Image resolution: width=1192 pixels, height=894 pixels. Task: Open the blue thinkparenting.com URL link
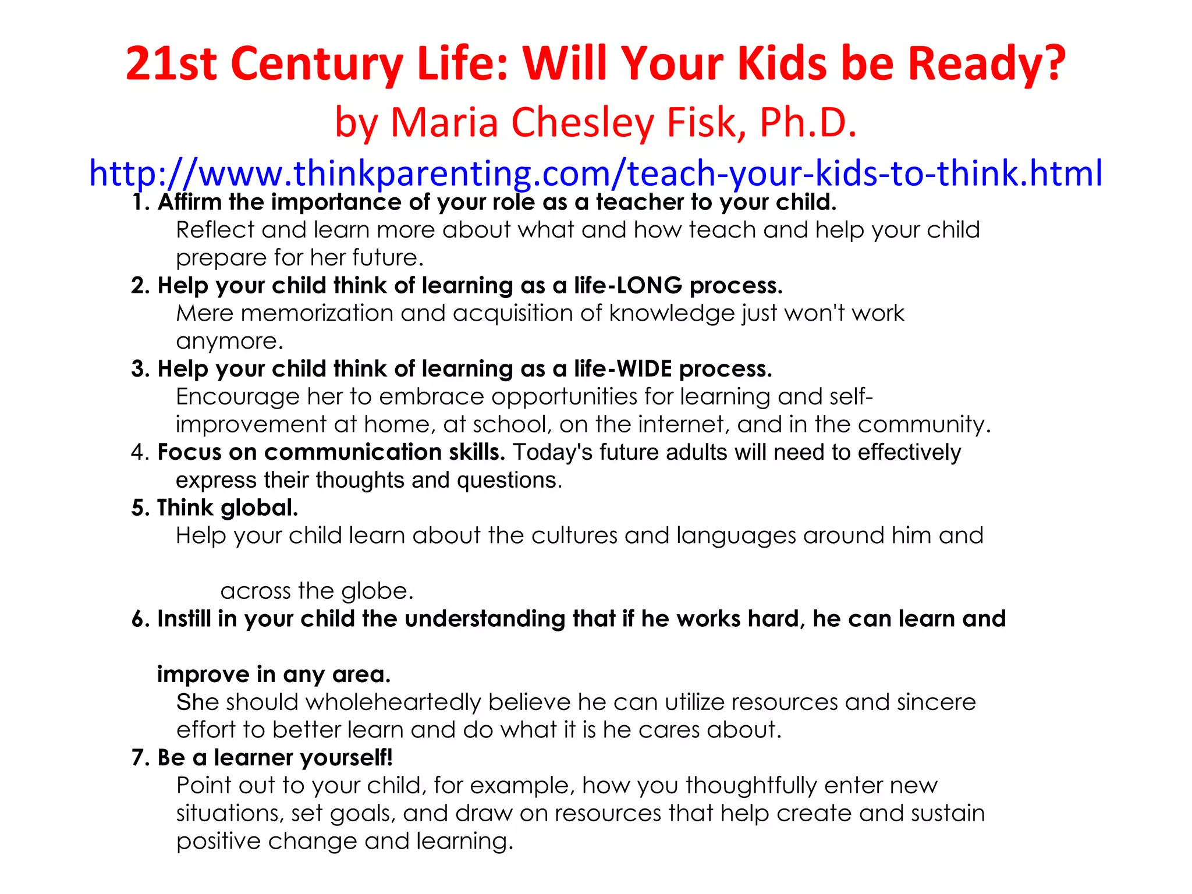(x=595, y=173)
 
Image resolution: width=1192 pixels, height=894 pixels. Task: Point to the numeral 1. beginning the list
(x=141, y=203)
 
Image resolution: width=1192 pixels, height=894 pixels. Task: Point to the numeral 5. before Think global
(x=140, y=508)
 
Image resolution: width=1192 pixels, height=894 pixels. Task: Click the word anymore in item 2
(x=229, y=342)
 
